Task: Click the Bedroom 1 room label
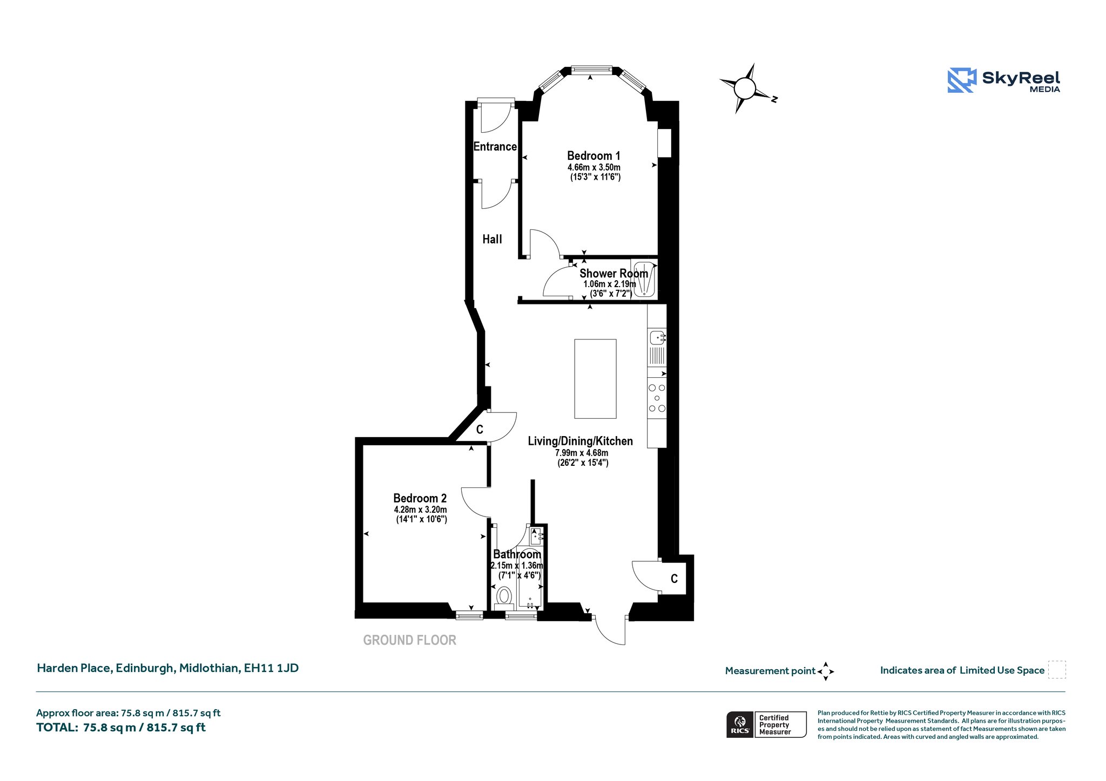click(x=594, y=156)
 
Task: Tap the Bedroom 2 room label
click(x=420, y=498)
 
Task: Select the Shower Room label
click(x=613, y=274)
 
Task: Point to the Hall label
click(x=492, y=239)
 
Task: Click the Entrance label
click(x=495, y=146)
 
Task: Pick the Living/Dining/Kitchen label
click(x=581, y=441)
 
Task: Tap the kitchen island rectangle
click(x=595, y=379)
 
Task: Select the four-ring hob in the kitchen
click(x=657, y=398)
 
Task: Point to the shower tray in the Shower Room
click(x=644, y=279)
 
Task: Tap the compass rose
click(x=745, y=88)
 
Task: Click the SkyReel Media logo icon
click(x=962, y=80)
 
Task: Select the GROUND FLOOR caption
click(x=410, y=640)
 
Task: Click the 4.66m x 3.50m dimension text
click(x=594, y=167)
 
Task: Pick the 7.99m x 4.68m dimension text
click(x=582, y=453)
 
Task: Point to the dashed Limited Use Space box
click(x=1057, y=670)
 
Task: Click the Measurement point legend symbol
click(x=826, y=671)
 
